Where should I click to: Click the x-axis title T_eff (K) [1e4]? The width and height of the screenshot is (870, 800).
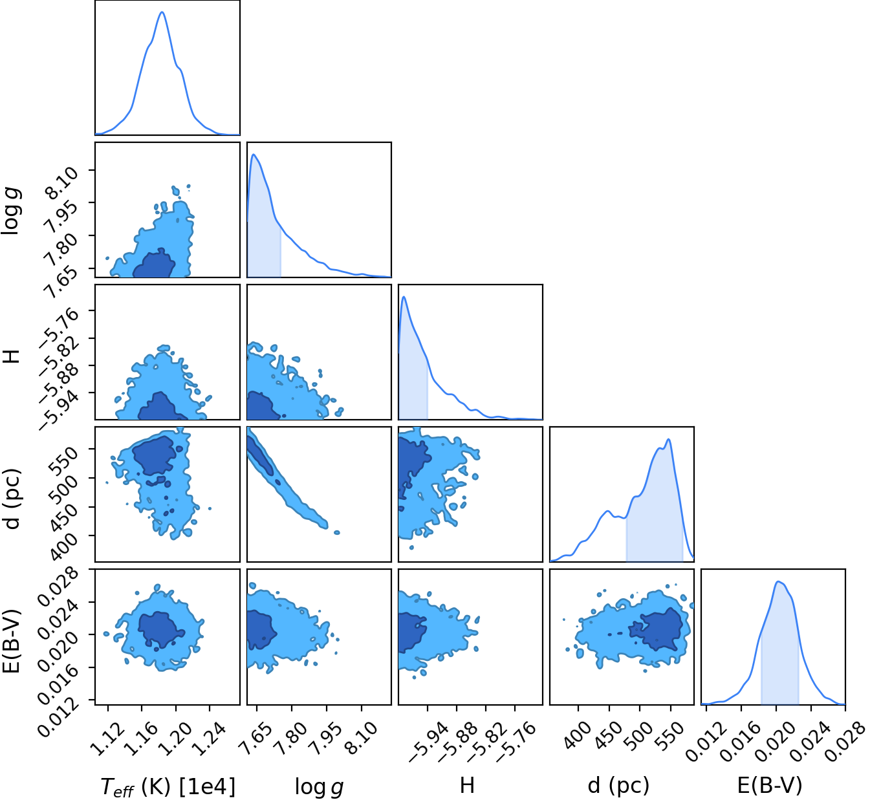pos(168,786)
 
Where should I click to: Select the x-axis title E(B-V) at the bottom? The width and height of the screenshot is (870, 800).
pos(770,784)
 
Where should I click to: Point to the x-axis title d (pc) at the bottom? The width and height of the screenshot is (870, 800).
pos(618,785)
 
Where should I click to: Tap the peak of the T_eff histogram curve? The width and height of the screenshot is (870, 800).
pos(162,12)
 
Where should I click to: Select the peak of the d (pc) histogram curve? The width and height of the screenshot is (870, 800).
pos(669,439)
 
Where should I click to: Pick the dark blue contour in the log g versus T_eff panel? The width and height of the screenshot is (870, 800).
pos(154,265)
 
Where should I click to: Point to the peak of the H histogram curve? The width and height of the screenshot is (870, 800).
pos(404,297)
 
